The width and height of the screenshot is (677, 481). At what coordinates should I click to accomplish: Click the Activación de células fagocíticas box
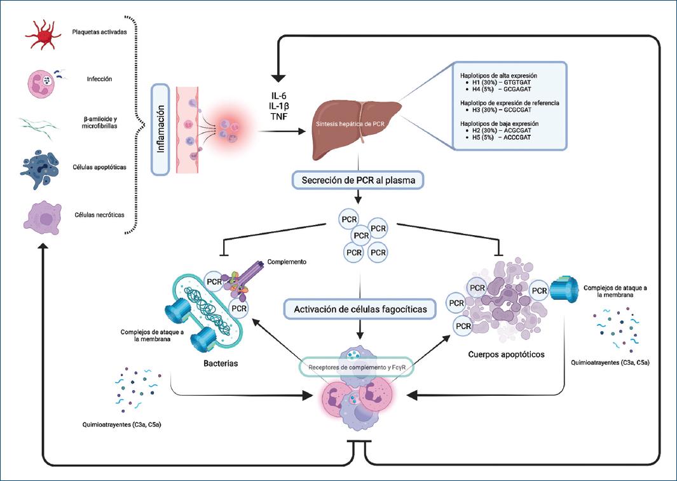pyautogui.click(x=360, y=310)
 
